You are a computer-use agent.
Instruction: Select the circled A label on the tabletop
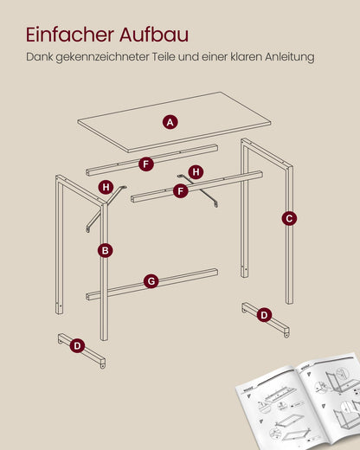pos(170,122)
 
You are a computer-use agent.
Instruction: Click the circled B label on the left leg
pos(106,250)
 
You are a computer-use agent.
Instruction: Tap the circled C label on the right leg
pos(288,218)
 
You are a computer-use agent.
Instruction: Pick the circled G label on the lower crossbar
pos(151,281)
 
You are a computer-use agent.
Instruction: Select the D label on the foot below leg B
pos(77,345)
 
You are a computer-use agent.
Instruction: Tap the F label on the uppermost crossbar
pos(145,163)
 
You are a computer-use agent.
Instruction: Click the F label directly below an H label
pos(180,190)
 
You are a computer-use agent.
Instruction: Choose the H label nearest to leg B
pos(106,186)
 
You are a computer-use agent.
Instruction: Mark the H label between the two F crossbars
pos(196,172)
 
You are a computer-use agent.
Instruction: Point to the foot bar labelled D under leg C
pos(270,322)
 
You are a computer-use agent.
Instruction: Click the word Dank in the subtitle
pos(41,57)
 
